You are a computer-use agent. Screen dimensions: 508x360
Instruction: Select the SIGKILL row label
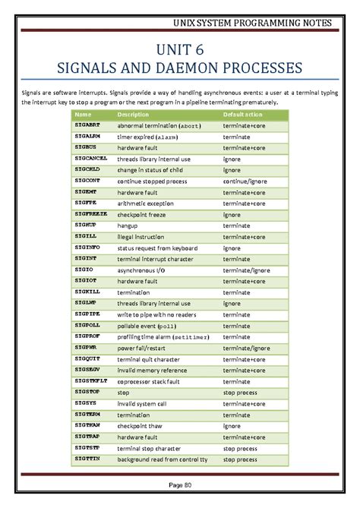click(x=87, y=292)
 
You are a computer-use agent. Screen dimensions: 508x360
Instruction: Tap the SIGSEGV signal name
click(x=88, y=370)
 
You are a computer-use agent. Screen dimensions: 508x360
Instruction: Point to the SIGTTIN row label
click(x=87, y=459)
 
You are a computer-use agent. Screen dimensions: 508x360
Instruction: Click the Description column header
click(x=133, y=114)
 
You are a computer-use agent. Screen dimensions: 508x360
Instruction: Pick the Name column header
click(x=83, y=114)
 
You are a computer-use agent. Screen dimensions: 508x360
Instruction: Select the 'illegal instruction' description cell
click(x=146, y=237)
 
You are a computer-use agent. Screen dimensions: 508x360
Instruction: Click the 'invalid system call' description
click(x=145, y=404)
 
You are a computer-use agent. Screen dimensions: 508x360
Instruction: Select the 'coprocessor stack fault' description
click(x=159, y=381)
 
